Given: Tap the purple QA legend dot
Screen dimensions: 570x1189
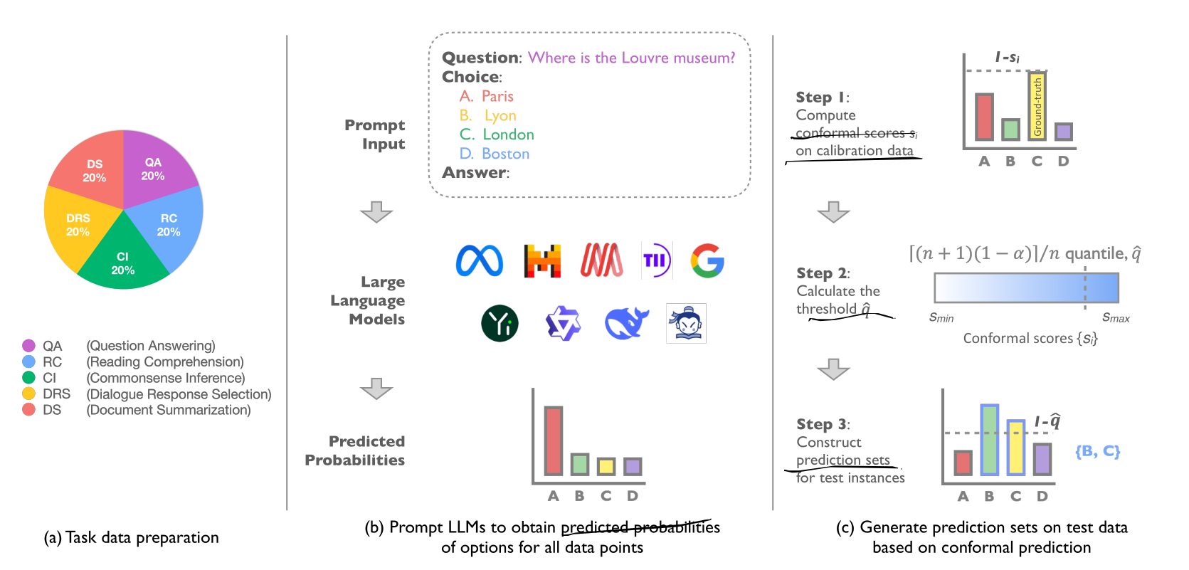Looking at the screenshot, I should tap(28, 346).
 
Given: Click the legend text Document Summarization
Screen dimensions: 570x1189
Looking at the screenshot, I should tap(169, 410).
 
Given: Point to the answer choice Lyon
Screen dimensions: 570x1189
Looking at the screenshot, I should tap(500, 115).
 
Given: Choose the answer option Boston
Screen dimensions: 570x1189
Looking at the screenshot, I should tap(505, 154).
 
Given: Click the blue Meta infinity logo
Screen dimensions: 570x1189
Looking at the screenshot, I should tap(479, 260).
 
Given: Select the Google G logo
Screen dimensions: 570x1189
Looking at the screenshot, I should tap(707, 260).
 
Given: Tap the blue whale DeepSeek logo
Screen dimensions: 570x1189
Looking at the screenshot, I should tap(626, 323).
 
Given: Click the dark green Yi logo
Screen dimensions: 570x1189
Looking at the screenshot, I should tap(500, 323).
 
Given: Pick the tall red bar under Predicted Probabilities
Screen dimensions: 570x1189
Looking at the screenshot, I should tap(553, 440).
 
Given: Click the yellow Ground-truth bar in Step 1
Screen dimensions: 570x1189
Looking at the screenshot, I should tap(1037, 106).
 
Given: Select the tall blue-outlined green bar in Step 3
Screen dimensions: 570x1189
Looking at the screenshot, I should tap(989, 440).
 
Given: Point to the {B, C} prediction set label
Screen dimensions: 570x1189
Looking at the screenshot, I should tap(1097, 451).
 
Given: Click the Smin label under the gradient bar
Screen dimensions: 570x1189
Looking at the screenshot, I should tap(941, 317).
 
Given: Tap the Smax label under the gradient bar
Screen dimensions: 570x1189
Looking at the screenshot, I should tap(1115, 317).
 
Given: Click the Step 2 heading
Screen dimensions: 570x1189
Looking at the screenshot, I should tap(823, 273).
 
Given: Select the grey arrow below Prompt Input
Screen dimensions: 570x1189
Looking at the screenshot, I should tap(376, 211).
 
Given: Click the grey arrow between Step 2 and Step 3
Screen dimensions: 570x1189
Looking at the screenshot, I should tap(833, 369).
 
